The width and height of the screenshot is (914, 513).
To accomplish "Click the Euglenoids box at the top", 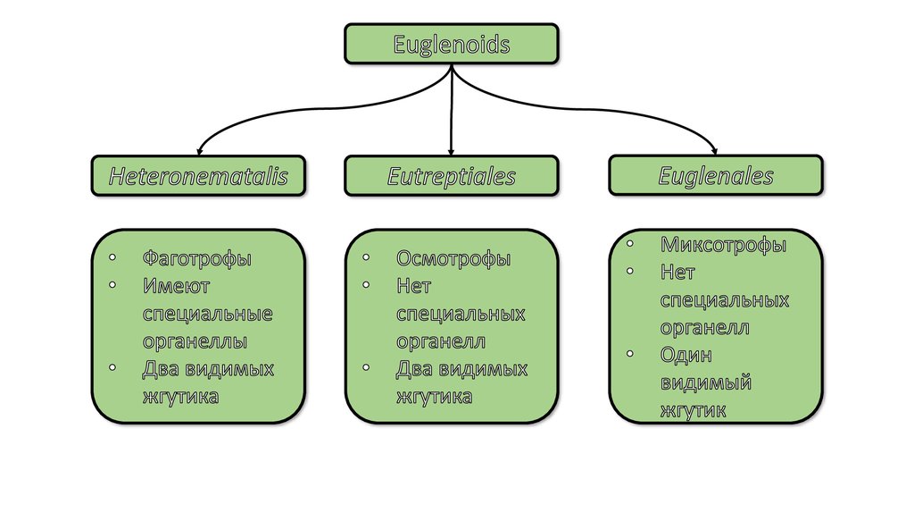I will (452, 44).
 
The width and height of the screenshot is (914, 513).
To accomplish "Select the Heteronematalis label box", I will (198, 176).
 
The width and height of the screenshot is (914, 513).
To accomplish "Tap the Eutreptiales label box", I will (452, 176).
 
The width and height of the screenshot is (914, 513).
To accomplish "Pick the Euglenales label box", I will (716, 175).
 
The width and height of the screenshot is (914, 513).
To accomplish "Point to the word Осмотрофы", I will (453, 259).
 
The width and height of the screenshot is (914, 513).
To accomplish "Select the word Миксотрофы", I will (724, 245).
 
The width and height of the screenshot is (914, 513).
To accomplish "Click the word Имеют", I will (176, 287).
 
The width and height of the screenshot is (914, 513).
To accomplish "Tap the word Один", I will (686, 355).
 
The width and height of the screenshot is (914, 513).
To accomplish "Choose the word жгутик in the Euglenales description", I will (693, 410).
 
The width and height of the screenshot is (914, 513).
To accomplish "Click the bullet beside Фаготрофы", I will (112, 257).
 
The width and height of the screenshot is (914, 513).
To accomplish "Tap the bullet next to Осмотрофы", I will (367, 257).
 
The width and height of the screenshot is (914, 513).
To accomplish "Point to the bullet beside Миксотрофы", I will (630, 242).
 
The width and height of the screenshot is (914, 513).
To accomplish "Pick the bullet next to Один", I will (630, 353).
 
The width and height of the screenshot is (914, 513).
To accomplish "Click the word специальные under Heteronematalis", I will (207, 315).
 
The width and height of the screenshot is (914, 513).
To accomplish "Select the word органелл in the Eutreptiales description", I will (441, 341).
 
